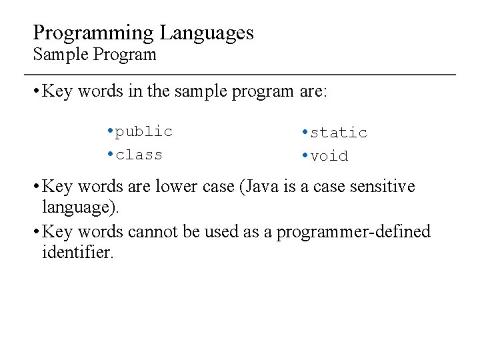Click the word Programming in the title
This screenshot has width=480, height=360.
(94, 33)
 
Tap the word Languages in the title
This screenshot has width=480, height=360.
(207, 33)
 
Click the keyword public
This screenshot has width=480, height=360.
(143, 131)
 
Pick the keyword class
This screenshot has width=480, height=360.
(139, 155)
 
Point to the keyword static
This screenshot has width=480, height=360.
(339, 133)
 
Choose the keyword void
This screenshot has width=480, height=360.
(329, 156)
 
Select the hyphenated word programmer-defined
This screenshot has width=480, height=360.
(354, 232)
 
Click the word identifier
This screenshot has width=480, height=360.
(78, 252)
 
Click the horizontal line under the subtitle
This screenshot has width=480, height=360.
(240, 74)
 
